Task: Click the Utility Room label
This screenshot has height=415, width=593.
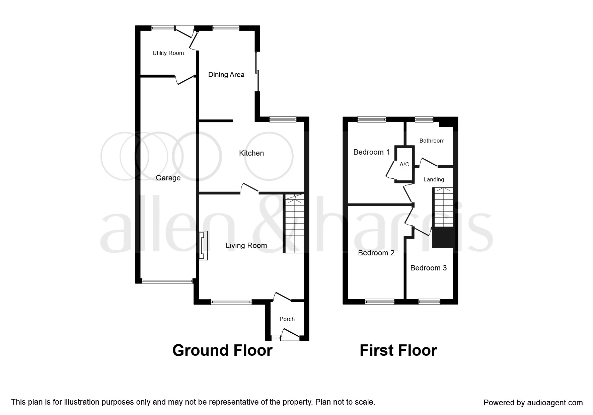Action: click(168, 53)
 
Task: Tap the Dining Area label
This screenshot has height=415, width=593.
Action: click(226, 75)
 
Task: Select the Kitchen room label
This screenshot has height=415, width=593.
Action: click(251, 153)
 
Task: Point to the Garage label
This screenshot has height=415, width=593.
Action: click(168, 178)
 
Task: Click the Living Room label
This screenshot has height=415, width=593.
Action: click(246, 245)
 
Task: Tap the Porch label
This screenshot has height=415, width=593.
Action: click(287, 319)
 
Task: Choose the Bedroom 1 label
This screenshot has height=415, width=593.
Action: click(371, 152)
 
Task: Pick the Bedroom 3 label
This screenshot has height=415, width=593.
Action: click(428, 268)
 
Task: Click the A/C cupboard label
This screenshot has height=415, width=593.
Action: click(404, 164)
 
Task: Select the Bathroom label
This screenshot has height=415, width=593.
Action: click(432, 141)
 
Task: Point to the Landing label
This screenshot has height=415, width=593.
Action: click(434, 179)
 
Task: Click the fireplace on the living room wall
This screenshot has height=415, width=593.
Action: click(203, 245)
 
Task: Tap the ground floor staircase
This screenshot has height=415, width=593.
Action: click(294, 223)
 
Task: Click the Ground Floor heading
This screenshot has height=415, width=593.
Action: click(222, 350)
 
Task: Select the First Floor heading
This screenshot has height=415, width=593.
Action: click(398, 350)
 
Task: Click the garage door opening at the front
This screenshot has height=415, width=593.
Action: click(167, 281)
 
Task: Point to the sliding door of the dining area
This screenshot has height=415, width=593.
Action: click(257, 71)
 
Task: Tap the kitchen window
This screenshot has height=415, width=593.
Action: click(283, 119)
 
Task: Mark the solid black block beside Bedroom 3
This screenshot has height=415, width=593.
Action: click(443, 238)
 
